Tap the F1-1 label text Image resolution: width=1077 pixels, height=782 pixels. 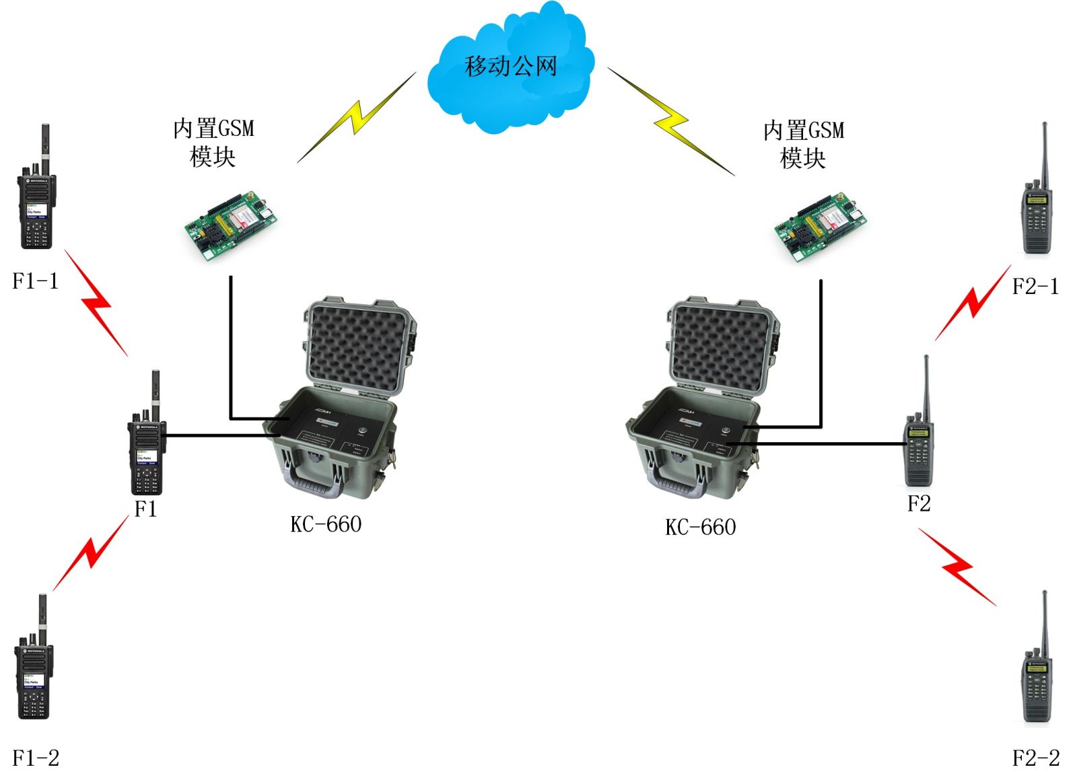pyautogui.click(x=36, y=281)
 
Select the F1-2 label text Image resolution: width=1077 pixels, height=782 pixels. pyautogui.click(x=36, y=758)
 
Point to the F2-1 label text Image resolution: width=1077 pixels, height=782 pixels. pyautogui.click(x=1035, y=287)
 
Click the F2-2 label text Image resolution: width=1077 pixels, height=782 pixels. pyautogui.click(x=1036, y=758)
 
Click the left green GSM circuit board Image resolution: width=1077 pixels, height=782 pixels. pyautogui.click(x=231, y=225)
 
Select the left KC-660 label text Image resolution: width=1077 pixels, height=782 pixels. pyautogui.click(x=326, y=524)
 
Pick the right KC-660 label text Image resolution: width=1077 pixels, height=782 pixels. pyautogui.click(x=700, y=527)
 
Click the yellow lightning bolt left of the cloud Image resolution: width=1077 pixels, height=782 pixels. pyautogui.click(x=357, y=117)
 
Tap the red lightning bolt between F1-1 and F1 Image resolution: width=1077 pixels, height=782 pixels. pyautogui.click(x=96, y=303)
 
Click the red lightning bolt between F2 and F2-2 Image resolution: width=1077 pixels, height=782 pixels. pyautogui.click(x=957, y=567)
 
